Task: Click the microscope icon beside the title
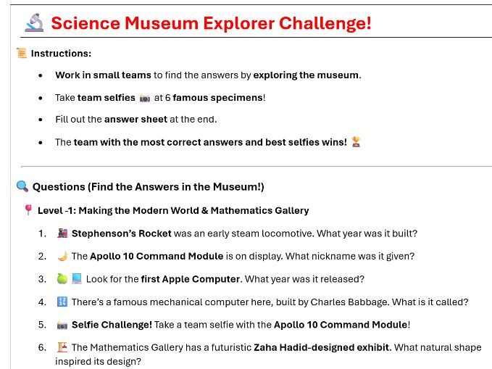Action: [x=33, y=23]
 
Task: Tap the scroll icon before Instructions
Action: [x=22, y=53]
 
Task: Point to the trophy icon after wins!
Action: [x=356, y=142]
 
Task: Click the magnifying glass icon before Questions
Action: [x=22, y=187]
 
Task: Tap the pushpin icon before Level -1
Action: [x=28, y=210]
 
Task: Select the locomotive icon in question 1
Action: [x=62, y=233]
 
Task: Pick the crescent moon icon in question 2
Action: [x=62, y=256]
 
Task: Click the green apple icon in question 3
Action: [x=62, y=279]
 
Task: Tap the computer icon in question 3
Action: [x=77, y=279]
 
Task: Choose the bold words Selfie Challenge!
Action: [x=112, y=325]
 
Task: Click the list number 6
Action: [x=42, y=347]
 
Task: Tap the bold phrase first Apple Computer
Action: [x=191, y=279]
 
